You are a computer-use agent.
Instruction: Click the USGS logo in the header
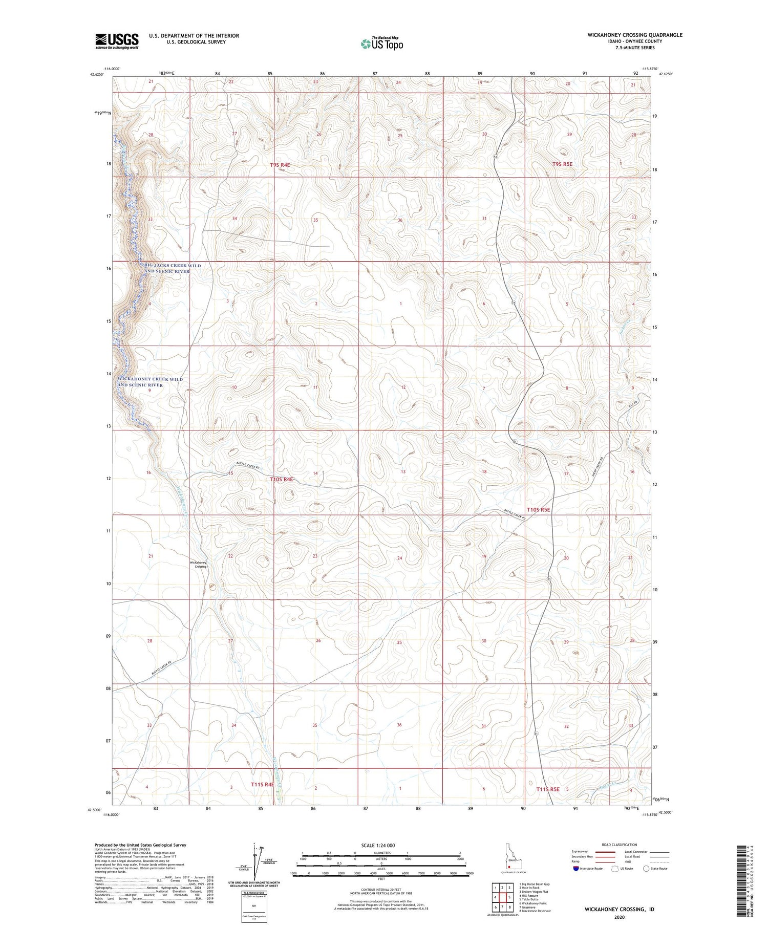pos(116,41)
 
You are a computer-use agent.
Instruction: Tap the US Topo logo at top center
pos(381,44)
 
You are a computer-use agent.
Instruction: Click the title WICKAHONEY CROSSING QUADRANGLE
pos(635,35)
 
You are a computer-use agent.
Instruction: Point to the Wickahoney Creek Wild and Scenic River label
pos(150,382)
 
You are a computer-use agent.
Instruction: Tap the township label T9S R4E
pos(280,165)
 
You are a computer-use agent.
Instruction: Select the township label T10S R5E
pos(538,509)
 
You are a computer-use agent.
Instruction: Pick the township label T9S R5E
pos(562,164)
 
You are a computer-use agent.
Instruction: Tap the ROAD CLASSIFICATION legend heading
pos(620,845)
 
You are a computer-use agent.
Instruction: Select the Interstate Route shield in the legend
pos(576,869)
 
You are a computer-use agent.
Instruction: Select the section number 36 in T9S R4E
pos(400,220)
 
